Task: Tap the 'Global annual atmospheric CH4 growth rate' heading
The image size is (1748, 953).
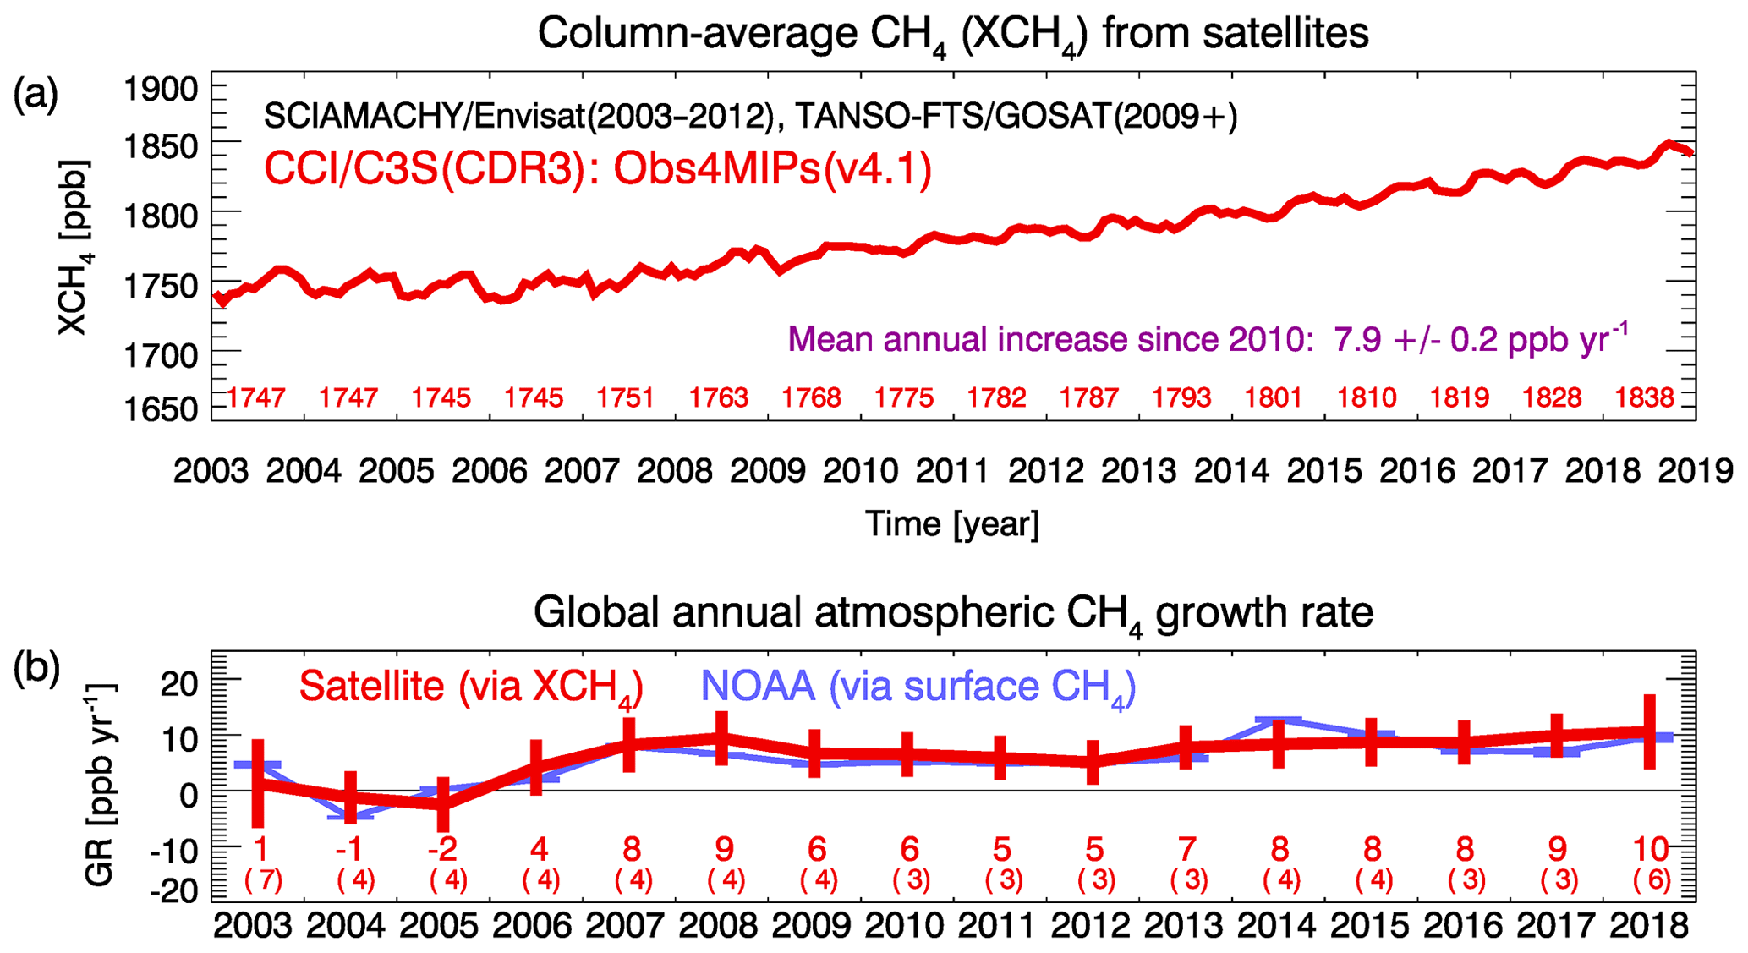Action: point(953,613)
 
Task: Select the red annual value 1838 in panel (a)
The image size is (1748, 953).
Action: point(1644,397)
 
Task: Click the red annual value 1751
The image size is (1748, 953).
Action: point(626,397)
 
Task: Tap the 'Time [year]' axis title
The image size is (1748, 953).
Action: point(952,524)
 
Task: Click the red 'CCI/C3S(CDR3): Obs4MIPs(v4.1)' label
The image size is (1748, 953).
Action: point(598,168)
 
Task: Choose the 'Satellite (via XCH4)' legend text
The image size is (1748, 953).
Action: point(471,687)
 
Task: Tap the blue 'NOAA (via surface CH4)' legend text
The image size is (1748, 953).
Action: point(918,687)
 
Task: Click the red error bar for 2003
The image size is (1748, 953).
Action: point(259,784)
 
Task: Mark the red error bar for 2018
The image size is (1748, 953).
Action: point(1649,731)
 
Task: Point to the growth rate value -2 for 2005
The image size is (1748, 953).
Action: point(442,849)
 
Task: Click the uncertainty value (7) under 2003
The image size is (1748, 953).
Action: point(263,881)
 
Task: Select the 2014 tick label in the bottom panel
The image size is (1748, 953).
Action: point(1277,926)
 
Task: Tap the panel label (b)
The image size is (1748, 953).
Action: point(36,669)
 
